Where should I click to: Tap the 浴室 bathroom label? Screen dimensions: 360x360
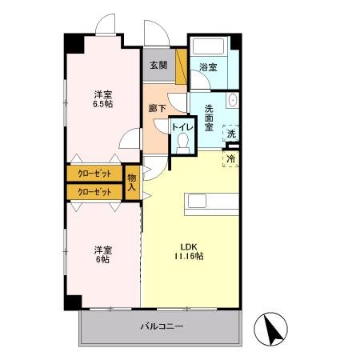coord(208,68)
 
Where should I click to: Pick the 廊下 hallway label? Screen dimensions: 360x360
coord(156,109)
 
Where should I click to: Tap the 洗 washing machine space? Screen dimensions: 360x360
coord(231,134)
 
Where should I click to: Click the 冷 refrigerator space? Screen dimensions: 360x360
coord(231,159)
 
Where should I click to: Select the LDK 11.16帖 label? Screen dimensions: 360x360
coord(189,251)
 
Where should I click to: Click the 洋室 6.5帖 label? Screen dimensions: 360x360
coord(101,98)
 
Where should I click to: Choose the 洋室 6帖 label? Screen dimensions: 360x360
coord(101,253)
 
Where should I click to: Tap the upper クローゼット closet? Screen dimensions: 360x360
coord(94,173)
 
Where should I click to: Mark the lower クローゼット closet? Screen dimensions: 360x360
coord(94,191)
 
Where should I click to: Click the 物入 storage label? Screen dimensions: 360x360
coord(132,182)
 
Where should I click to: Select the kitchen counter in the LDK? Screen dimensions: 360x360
coord(211,202)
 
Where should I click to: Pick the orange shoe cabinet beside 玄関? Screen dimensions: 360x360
coord(182,68)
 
